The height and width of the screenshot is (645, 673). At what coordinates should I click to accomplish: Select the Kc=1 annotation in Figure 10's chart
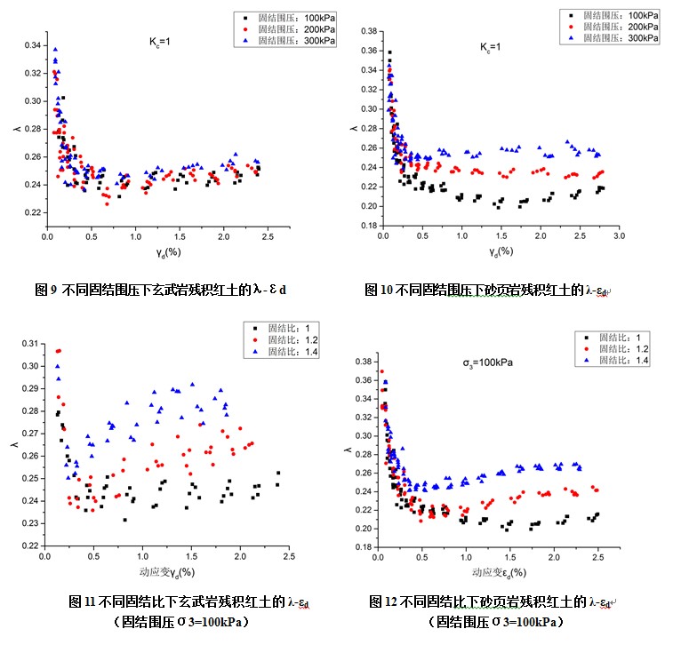pyautogui.click(x=491, y=47)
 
